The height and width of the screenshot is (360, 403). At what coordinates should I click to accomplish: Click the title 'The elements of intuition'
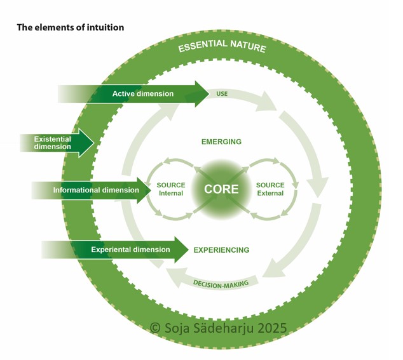pyautogui.click(x=70, y=27)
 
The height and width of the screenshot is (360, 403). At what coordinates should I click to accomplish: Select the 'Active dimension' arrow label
pyautogui.click(x=143, y=94)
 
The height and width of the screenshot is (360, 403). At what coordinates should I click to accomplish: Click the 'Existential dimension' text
pyautogui.click(x=53, y=142)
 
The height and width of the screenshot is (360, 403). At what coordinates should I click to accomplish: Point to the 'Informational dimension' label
pyautogui.click(x=96, y=190)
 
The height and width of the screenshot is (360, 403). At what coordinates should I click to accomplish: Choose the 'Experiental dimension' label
pyautogui.click(x=130, y=250)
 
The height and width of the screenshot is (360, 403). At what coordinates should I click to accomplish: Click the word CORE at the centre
pyautogui.click(x=221, y=189)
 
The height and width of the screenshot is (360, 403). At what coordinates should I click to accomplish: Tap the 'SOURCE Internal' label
pyautogui.click(x=170, y=189)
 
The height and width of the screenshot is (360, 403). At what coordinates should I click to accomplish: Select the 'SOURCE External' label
pyautogui.click(x=270, y=189)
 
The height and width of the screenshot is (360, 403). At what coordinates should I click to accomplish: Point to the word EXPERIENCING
pyautogui.click(x=221, y=250)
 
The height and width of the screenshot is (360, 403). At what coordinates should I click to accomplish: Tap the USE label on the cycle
pyautogui.click(x=222, y=94)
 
